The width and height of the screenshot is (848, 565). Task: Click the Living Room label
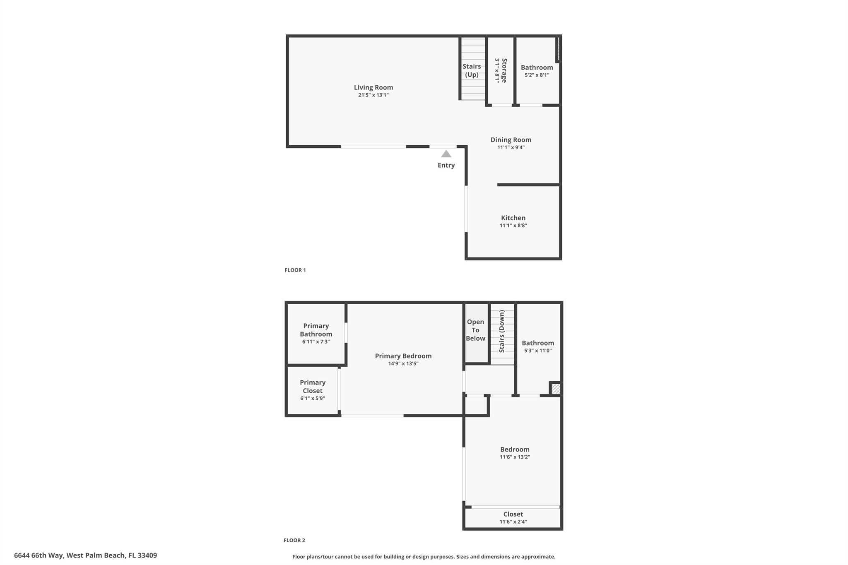(x=373, y=87)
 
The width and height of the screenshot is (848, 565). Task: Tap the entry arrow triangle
(x=446, y=154)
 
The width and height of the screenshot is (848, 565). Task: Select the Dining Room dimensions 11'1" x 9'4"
(x=511, y=147)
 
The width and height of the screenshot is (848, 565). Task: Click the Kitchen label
(x=513, y=218)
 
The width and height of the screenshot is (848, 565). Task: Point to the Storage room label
(x=504, y=70)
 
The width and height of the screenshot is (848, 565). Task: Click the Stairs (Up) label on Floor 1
(x=472, y=70)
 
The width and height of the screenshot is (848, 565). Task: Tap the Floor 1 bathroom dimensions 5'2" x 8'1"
(x=537, y=75)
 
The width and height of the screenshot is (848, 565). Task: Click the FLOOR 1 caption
(x=295, y=270)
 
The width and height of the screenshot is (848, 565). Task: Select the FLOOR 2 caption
(x=294, y=540)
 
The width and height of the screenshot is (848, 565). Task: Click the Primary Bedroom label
(x=403, y=356)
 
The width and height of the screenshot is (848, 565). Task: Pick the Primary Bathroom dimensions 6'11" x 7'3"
(x=316, y=342)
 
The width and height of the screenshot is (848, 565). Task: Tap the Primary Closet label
(x=313, y=387)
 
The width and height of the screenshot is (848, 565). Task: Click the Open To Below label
(x=475, y=330)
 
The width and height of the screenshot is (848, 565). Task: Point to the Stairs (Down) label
(x=502, y=331)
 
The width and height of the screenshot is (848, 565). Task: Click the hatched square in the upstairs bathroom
(x=556, y=389)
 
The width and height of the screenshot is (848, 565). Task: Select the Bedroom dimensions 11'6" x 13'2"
(x=515, y=457)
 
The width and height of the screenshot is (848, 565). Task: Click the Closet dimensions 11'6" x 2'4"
(x=513, y=522)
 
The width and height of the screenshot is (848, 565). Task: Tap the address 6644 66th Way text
(x=39, y=555)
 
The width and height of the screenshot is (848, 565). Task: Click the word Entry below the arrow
(x=446, y=165)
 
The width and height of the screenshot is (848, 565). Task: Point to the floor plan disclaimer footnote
(x=424, y=557)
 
